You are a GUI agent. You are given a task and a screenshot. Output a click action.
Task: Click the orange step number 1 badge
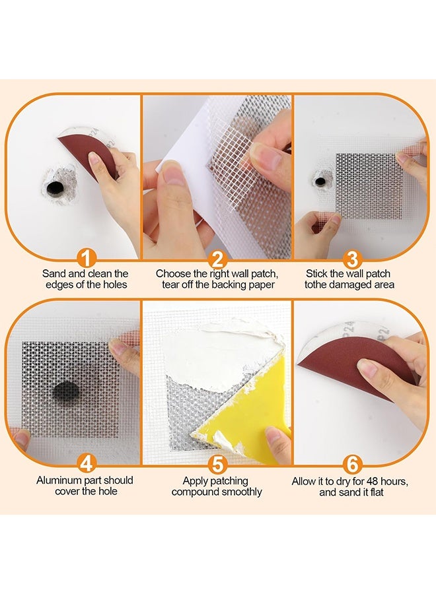(87, 259)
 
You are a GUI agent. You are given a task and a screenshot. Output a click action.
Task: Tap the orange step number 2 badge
(217, 259)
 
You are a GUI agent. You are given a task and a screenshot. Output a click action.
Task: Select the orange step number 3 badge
(352, 259)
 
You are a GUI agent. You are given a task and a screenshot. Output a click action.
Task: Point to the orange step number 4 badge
(87, 463)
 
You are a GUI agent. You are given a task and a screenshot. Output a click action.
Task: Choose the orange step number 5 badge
(217, 464)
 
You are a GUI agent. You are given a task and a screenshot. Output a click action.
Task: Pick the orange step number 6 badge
(352, 464)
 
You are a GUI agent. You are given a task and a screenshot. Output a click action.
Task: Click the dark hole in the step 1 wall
(55, 188)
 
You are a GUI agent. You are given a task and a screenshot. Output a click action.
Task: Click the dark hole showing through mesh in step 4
(65, 391)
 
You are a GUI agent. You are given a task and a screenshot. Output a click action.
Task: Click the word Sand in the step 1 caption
(53, 273)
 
